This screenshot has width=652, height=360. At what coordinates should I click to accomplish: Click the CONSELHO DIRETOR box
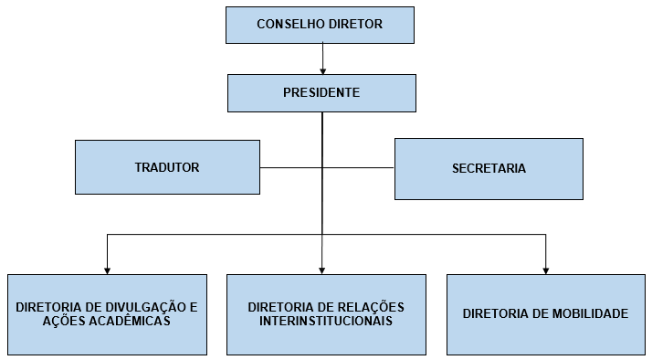tap(320, 24)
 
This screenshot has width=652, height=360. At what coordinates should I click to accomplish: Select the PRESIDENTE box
tap(321, 92)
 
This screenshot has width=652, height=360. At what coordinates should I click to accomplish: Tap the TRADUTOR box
tap(167, 167)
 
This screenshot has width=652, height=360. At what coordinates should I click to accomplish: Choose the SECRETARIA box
tap(489, 169)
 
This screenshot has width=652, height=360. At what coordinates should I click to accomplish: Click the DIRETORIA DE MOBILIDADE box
tap(545, 313)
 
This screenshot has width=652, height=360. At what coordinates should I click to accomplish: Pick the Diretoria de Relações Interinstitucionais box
tap(326, 313)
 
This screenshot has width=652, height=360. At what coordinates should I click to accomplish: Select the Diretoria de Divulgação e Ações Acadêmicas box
tap(107, 313)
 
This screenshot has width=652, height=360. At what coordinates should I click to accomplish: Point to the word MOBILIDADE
tap(584, 313)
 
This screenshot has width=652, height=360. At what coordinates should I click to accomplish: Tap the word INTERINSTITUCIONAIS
tap(326, 321)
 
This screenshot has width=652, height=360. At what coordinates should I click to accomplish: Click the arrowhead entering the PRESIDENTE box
tap(322, 69)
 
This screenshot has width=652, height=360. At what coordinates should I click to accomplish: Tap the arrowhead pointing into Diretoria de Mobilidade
tap(546, 269)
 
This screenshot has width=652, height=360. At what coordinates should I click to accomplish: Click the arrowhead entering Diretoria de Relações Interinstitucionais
tap(322, 269)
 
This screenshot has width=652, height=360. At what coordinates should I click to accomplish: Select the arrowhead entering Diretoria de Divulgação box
tap(107, 269)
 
